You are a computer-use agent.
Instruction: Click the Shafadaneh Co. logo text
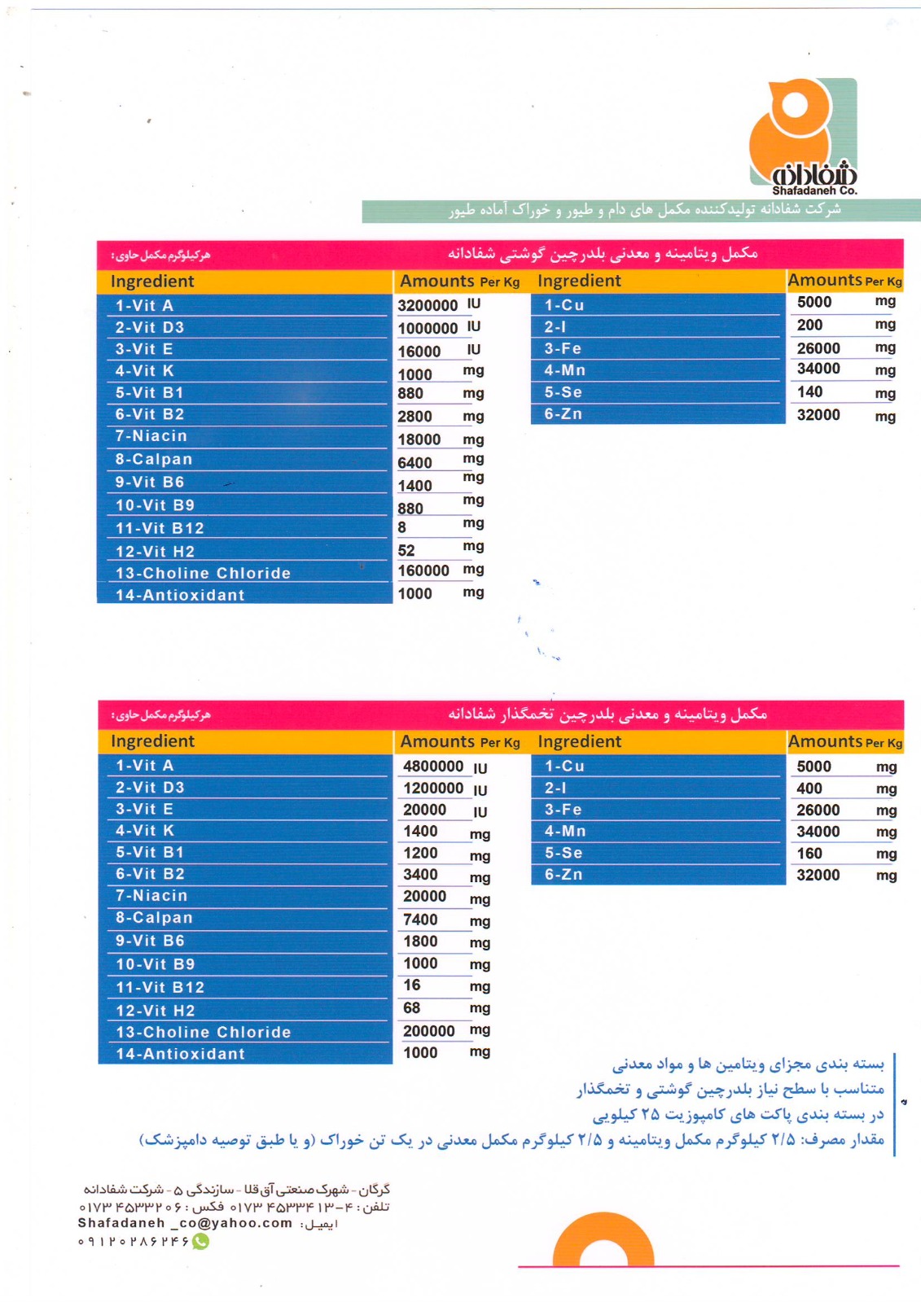814,190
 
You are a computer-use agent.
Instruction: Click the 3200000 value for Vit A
428,306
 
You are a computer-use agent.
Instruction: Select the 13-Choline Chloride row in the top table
203,573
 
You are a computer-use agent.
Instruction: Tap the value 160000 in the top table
423,570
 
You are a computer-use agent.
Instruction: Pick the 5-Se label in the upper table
564,392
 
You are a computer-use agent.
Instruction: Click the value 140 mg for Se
810,392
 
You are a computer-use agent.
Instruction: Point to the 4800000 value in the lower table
433,767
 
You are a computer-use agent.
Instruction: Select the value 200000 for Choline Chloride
429,1031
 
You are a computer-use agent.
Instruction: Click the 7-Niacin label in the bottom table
151,896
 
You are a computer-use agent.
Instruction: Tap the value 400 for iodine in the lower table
809,789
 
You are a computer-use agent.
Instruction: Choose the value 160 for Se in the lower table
809,854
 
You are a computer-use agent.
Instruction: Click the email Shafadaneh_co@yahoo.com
185,1223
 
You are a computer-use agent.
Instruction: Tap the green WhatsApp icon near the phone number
200,1242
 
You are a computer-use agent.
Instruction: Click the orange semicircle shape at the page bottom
603,1241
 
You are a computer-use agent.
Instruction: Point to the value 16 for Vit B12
412,985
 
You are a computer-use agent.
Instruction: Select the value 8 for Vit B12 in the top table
402,527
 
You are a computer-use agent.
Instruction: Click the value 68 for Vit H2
412,1008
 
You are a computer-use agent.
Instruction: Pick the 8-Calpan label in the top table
154,459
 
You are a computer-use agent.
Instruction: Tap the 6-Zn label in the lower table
564,875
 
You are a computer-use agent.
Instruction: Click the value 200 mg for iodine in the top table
809,325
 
